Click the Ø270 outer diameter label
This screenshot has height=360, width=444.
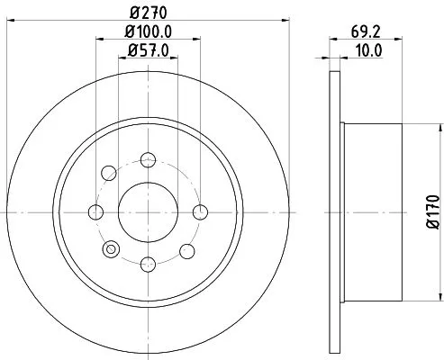[147, 13]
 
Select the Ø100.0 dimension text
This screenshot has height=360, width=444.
[147, 33]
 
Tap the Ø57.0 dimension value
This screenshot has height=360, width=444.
[147, 52]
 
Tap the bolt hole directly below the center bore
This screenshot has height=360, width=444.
[147, 264]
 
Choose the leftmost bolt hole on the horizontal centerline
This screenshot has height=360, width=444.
[95, 212]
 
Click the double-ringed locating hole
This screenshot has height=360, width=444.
[111, 249]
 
